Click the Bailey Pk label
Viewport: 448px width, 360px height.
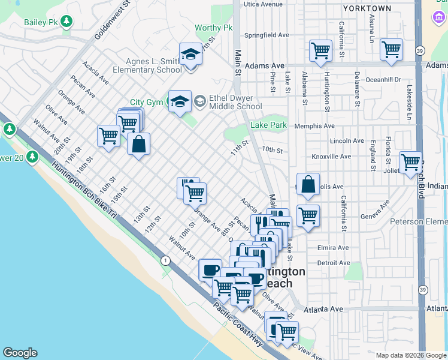[41, 22]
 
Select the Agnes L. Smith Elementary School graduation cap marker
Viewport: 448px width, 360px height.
[190, 55]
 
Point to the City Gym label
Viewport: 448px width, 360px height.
[147, 103]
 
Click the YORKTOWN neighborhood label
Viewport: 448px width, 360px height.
[367, 8]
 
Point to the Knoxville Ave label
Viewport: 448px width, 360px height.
[331, 156]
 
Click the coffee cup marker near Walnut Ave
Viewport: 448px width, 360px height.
[210, 270]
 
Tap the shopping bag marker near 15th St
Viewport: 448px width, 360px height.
[138, 145]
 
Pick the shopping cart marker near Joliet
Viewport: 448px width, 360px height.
[410, 161]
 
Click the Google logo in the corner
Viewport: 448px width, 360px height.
[20, 353]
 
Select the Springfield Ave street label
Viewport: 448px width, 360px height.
[267, 35]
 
